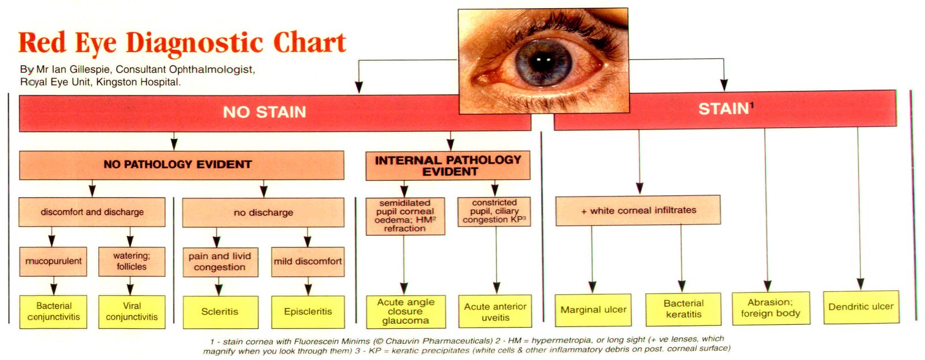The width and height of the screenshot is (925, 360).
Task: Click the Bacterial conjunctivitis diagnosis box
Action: pos(53,311)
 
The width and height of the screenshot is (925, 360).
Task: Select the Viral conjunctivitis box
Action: pos(131,311)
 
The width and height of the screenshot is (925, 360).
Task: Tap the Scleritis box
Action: pos(220,312)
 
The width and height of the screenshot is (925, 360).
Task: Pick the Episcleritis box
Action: pos(308,312)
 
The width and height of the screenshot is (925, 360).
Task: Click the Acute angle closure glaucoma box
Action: pos(405,311)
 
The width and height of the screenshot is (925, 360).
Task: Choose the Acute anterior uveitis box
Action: pos(495,311)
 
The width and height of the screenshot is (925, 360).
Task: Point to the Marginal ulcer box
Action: pos(593,310)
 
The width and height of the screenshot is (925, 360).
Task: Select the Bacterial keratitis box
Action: pos(683,309)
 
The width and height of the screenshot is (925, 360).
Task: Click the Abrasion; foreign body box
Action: pos(770,308)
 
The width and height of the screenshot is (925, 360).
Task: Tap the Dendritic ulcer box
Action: pos(861,307)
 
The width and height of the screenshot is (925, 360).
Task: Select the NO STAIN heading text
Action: pos(264,112)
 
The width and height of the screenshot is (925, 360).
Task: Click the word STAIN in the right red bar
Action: pos(723,109)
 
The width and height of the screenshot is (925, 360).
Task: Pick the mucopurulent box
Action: pos(53,261)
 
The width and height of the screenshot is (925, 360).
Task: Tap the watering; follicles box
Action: pos(131,261)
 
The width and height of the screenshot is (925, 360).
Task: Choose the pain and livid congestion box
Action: pos(220,262)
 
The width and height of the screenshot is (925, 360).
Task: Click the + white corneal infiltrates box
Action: pos(638,210)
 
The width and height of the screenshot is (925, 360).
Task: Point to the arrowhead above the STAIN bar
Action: pos(724,84)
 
